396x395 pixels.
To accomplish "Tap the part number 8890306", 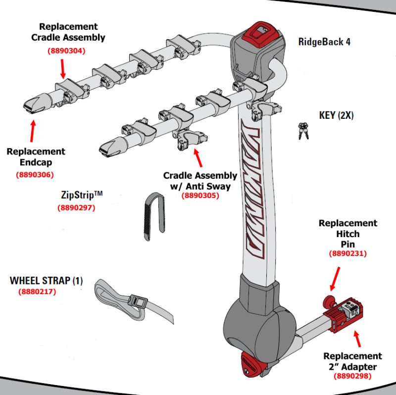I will (x=35, y=174).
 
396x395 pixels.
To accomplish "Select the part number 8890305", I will (x=200, y=196).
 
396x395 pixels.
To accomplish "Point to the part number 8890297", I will (x=76, y=208).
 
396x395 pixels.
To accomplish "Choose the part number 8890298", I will (x=352, y=377).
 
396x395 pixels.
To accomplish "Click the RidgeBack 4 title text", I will (x=324, y=42).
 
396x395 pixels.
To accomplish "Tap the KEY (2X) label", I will (x=337, y=115).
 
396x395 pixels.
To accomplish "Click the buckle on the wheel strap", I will (x=136, y=300).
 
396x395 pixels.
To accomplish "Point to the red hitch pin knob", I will (x=328, y=301).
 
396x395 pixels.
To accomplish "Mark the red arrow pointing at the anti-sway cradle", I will (x=198, y=158).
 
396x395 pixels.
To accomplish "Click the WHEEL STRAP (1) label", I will (x=47, y=281).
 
